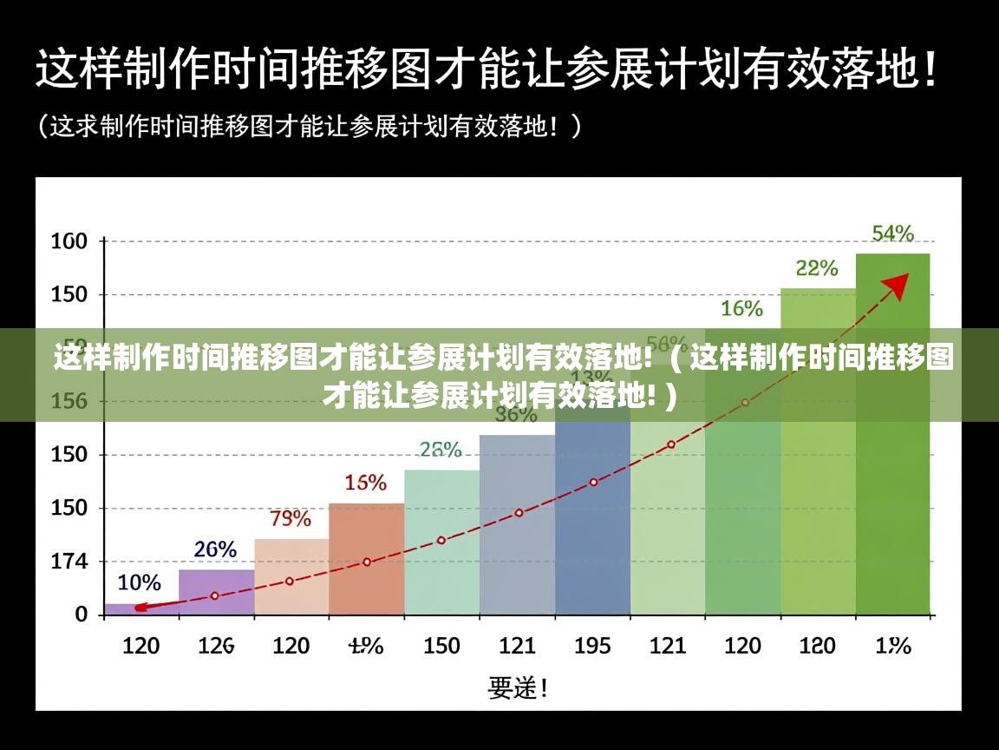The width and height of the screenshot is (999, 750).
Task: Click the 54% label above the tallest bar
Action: (x=892, y=233)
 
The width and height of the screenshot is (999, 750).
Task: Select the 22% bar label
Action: (x=817, y=268)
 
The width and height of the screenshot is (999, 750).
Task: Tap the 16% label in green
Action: (x=741, y=308)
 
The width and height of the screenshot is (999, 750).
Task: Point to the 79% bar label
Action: (x=291, y=519)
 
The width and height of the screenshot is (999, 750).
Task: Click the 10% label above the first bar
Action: (x=139, y=582)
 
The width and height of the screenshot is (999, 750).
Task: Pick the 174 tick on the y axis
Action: (x=69, y=562)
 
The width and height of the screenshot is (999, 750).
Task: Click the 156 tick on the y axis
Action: (x=69, y=402)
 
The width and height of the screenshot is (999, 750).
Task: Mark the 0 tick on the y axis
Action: (x=82, y=614)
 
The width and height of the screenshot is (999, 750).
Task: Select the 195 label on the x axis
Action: (x=593, y=646)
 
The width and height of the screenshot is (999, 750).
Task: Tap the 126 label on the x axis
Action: (x=215, y=646)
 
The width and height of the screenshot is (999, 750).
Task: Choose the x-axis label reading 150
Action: (x=441, y=646)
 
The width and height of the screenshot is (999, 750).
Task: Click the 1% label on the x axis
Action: (x=892, y=646)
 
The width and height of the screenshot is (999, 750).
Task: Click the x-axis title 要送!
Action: (x=518, y=688)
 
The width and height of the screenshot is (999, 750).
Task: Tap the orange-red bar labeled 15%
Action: (x=366, y=560)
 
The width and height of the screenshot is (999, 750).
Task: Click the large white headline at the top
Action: (x=486, y=67)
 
